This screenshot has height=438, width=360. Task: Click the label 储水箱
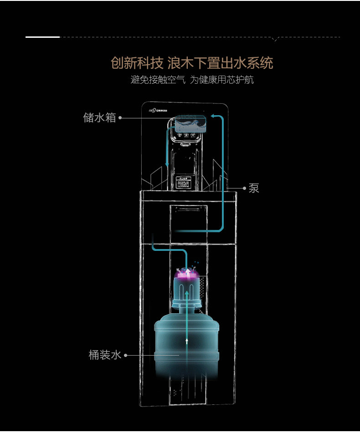tap(99, 117)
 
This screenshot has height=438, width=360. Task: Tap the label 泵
tap(254, 188)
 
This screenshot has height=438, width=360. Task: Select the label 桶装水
tap(105, 355)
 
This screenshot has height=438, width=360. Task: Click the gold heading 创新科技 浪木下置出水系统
tap(192, 62)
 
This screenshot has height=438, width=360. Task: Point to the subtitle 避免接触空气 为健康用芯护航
tap(192, 80)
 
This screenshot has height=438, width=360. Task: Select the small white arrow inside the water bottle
tap(187, 340)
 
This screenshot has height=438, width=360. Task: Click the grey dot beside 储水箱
tap(120, 118)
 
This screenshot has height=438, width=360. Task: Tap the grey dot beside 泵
tap(244, 188)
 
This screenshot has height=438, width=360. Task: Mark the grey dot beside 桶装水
tap(126, 355)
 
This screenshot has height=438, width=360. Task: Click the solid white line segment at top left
tap(42, 37)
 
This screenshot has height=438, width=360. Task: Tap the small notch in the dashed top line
tap(275, 39)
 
